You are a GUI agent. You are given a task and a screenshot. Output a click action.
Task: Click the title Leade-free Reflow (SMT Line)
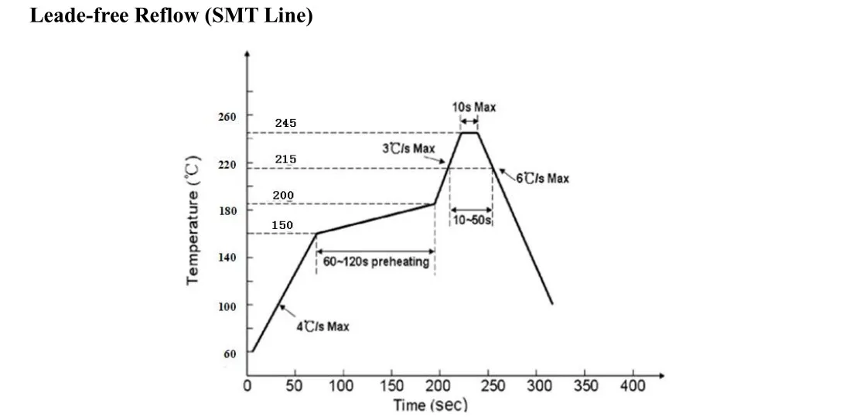click(x=171, y=15)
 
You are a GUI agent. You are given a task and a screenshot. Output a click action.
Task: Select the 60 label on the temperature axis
click(x=230, y=354)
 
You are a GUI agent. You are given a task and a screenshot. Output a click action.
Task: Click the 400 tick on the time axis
click(x=633, y=386)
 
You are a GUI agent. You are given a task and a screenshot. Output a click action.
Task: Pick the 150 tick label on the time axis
click(x=392, y=386)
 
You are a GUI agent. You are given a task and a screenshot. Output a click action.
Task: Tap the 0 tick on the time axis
click(x=247, y=386)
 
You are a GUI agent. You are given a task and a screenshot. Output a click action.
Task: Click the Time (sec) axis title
click(x=430, y=405)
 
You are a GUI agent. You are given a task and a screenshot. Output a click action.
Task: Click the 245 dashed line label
click(x=285, y=124)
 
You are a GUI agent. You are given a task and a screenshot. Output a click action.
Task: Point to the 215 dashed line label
click(x=285, y=159)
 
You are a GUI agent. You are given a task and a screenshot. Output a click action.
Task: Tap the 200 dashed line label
click(x=283, y=195)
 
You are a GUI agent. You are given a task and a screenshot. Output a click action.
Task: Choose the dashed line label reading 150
click(x=282, y=225)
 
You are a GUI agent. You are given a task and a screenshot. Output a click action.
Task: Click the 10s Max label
click(x=474, y=108)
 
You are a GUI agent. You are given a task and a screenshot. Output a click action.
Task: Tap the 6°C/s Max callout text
click(x=543, y=179)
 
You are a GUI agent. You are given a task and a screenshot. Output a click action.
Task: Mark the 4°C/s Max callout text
click(x=323, y=326)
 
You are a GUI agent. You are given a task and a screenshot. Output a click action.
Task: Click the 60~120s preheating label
click(x=375, y=262)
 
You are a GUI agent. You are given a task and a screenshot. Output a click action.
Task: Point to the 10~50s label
click(x=472, y=220)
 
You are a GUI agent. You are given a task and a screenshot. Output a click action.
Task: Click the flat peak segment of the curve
click(x=469, y=133)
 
